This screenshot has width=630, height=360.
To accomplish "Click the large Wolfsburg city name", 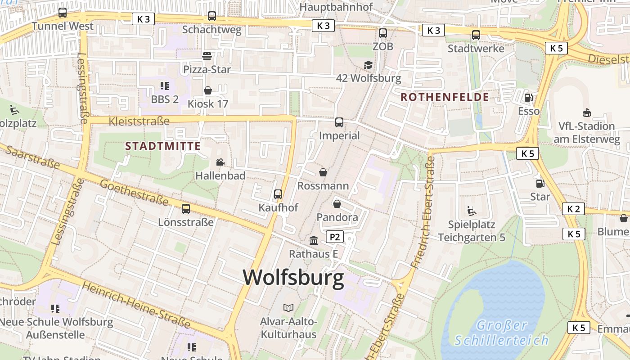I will (x=293, y=278).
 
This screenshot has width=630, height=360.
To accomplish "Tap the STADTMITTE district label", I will (x=163, y=146).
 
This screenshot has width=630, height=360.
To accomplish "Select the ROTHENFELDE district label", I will (x=445, y=97).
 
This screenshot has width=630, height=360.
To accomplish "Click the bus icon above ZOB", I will (x=383, y=33).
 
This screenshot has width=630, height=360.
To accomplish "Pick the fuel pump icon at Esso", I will (x=529, y=98).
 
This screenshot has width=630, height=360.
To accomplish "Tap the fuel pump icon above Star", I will (x=540, y=183).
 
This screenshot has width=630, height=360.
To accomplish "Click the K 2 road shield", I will (x=573, y=209).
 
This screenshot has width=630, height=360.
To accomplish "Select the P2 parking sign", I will (x=334, y=237).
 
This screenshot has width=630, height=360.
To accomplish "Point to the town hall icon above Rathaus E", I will (x=314, y=241).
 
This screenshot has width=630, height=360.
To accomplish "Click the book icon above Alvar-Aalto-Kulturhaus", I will (x=288, y=308).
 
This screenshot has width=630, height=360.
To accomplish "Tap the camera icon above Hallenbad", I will (x=220, y=162).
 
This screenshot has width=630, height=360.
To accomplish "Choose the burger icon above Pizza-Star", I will (x=207, y=56).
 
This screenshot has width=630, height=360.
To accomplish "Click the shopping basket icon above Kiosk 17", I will (x=208, y=90).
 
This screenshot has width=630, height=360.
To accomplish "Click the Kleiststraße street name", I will (x=139, y=121).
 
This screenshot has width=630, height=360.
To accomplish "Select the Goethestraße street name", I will (x=134, y=193).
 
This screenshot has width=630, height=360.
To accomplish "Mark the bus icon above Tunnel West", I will (x=63, y=13).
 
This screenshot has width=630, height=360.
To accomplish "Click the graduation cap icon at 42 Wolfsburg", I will (x=369, y=65).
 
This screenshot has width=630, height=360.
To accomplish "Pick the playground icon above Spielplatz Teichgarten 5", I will (x=472, y=211).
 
